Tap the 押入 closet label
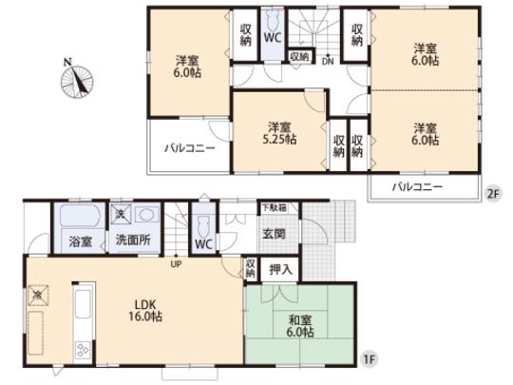[x=280, y=269]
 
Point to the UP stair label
[x=176, y=264]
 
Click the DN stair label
[x=326, y=63]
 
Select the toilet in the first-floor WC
[x=203, y=225]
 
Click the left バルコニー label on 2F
[x=189, y=148]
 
